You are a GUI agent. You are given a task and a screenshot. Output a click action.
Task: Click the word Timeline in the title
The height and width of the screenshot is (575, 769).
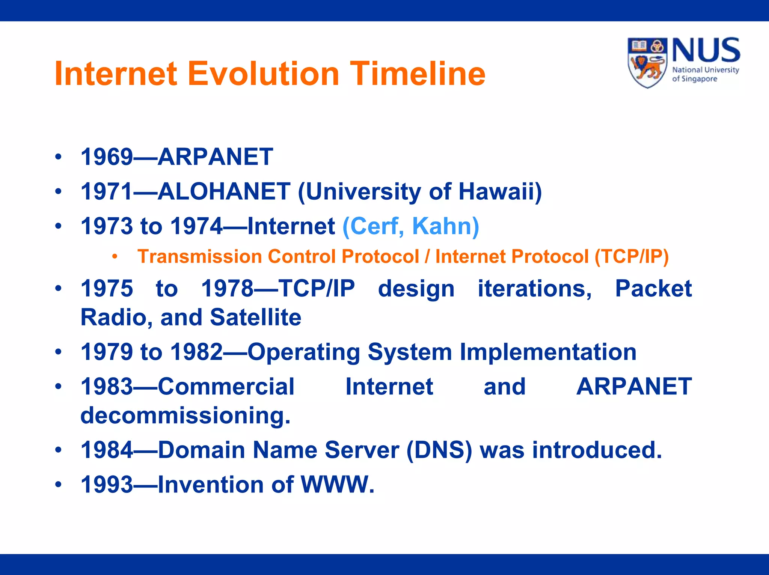pyautogui.click(x=418, y=74)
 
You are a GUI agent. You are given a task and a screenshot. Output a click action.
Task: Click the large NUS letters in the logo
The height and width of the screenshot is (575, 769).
pyautogui.click(x=706, y=50)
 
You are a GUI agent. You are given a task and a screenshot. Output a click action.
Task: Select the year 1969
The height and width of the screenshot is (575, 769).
pyautogui.click(x=107, y=157)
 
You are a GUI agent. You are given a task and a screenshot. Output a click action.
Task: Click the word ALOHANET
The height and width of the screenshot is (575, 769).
pyautogui.click(x=224, y=191)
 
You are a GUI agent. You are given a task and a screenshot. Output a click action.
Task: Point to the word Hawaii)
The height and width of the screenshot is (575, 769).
pyautogui.click(x=500, y=191)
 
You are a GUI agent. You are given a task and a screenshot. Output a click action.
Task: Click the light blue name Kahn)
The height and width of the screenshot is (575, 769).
pyautogui.click(x=445, y=226)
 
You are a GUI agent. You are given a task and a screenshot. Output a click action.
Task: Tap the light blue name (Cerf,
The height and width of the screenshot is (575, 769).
pyautogui.click(x=373, y=226)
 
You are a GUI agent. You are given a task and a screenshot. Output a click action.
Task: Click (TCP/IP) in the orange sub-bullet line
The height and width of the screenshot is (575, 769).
pyautogui.click(x=632, y=257)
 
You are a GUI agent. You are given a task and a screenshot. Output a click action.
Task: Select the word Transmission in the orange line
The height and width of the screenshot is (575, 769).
pyautogui.click(x=199, y=257)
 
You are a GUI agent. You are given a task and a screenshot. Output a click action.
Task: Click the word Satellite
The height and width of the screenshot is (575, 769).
pyautogui.click(x=255, y=318)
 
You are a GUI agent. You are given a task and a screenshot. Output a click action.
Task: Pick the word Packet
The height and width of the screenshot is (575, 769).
pyautogui.click(x=653, y=289)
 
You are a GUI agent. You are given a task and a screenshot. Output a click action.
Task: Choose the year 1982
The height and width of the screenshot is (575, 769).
pyautogui.click(x=196, y=352)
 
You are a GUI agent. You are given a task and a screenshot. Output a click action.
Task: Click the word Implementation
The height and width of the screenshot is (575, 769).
pyautogui.click(x=548, y=352)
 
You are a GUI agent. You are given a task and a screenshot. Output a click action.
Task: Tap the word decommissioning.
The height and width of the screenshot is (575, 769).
pyautogui.click(x=185, y=416)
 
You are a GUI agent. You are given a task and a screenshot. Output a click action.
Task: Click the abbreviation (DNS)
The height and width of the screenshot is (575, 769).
pyautogui.click(x=439, y=450)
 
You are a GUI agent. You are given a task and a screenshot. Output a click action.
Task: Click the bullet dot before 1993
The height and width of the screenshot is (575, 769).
pyautogui.click(x=58, y=485)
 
